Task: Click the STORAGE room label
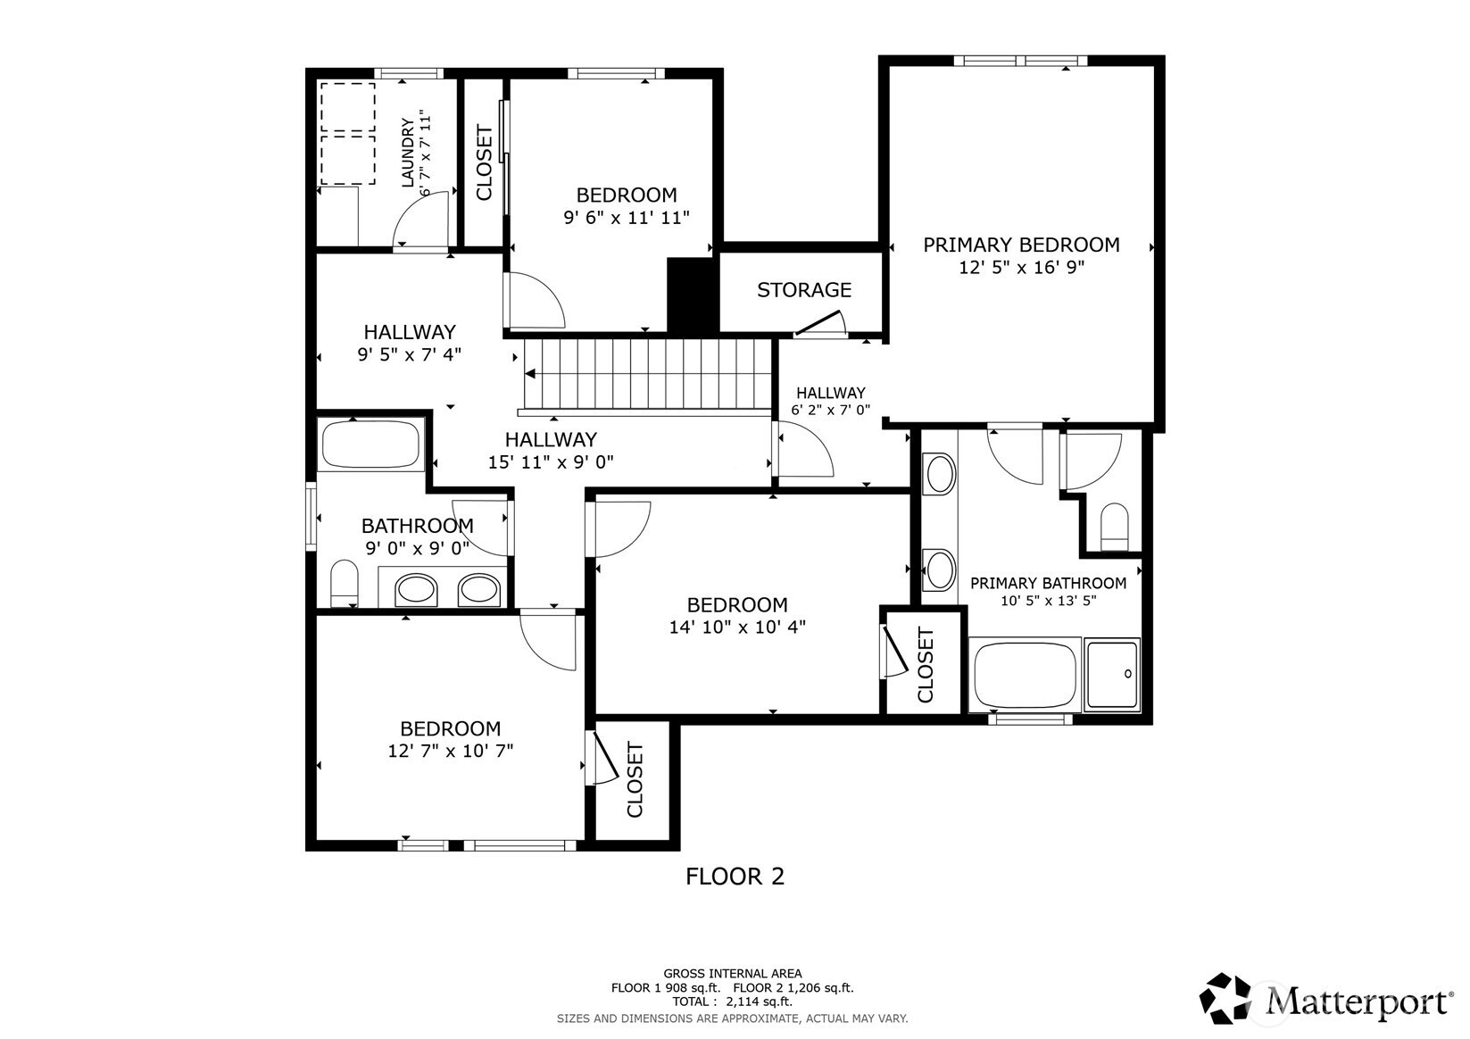pos(804,290)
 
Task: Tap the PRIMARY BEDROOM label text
pos(1021,245)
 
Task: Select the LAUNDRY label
pos(408,153)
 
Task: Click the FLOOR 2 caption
pos(735,877)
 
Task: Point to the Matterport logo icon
pos(1225,999)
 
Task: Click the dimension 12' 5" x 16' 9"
pos(1021,268)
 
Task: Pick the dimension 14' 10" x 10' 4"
pos(737,628)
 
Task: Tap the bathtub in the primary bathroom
pos(1025,674)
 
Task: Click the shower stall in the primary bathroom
pos(1112,674)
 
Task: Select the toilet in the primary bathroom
pos(1114,527)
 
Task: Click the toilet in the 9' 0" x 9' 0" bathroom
pos(344,584)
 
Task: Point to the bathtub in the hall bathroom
pos(371,445)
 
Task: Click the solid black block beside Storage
pos(693,295)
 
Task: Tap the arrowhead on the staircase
pos(530,374)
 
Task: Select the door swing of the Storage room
pos(819,324)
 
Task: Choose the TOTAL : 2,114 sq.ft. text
pos(733,1002)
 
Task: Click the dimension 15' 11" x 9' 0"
pos(551,462)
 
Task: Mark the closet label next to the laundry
pos(485,162)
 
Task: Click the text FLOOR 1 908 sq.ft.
pos(666,988)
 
